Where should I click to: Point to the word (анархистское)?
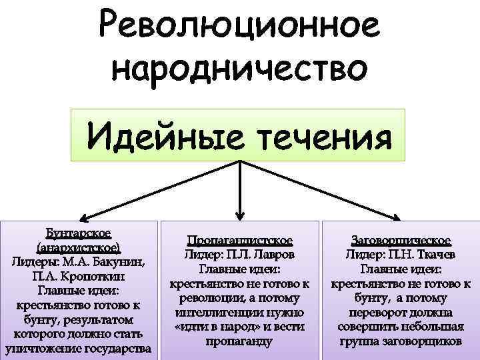78,247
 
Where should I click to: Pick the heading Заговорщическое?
400,240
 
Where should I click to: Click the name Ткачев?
428,254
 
